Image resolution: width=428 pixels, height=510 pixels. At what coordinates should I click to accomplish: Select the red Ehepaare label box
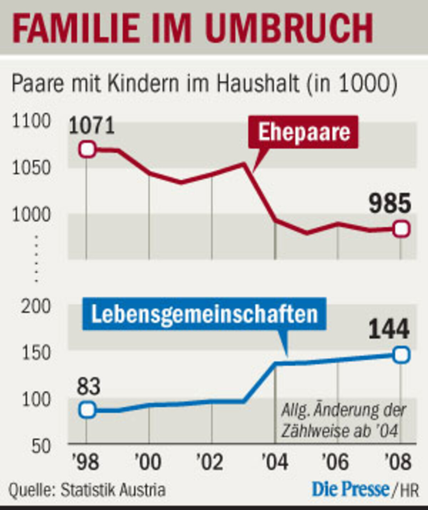304,132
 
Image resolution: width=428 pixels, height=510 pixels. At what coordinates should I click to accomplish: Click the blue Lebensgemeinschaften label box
204,314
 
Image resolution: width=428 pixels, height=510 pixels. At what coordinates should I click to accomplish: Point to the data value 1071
92,126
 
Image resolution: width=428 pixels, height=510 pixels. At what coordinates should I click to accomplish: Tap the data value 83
89,386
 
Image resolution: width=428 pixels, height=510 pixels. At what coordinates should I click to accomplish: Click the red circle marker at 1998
87,149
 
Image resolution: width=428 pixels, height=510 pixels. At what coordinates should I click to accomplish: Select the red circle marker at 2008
401,229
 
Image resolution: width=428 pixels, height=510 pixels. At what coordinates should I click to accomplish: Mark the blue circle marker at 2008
401,355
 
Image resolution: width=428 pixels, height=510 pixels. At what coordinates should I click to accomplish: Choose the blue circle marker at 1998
87,410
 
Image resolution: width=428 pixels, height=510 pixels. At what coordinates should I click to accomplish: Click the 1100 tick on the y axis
31,121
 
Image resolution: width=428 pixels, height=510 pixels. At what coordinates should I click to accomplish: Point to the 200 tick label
36,306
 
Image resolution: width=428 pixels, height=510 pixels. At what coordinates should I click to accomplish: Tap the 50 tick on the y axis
41,446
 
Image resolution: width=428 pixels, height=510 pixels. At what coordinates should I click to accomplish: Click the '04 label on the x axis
275,462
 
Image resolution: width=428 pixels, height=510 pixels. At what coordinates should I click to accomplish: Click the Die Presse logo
351,489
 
